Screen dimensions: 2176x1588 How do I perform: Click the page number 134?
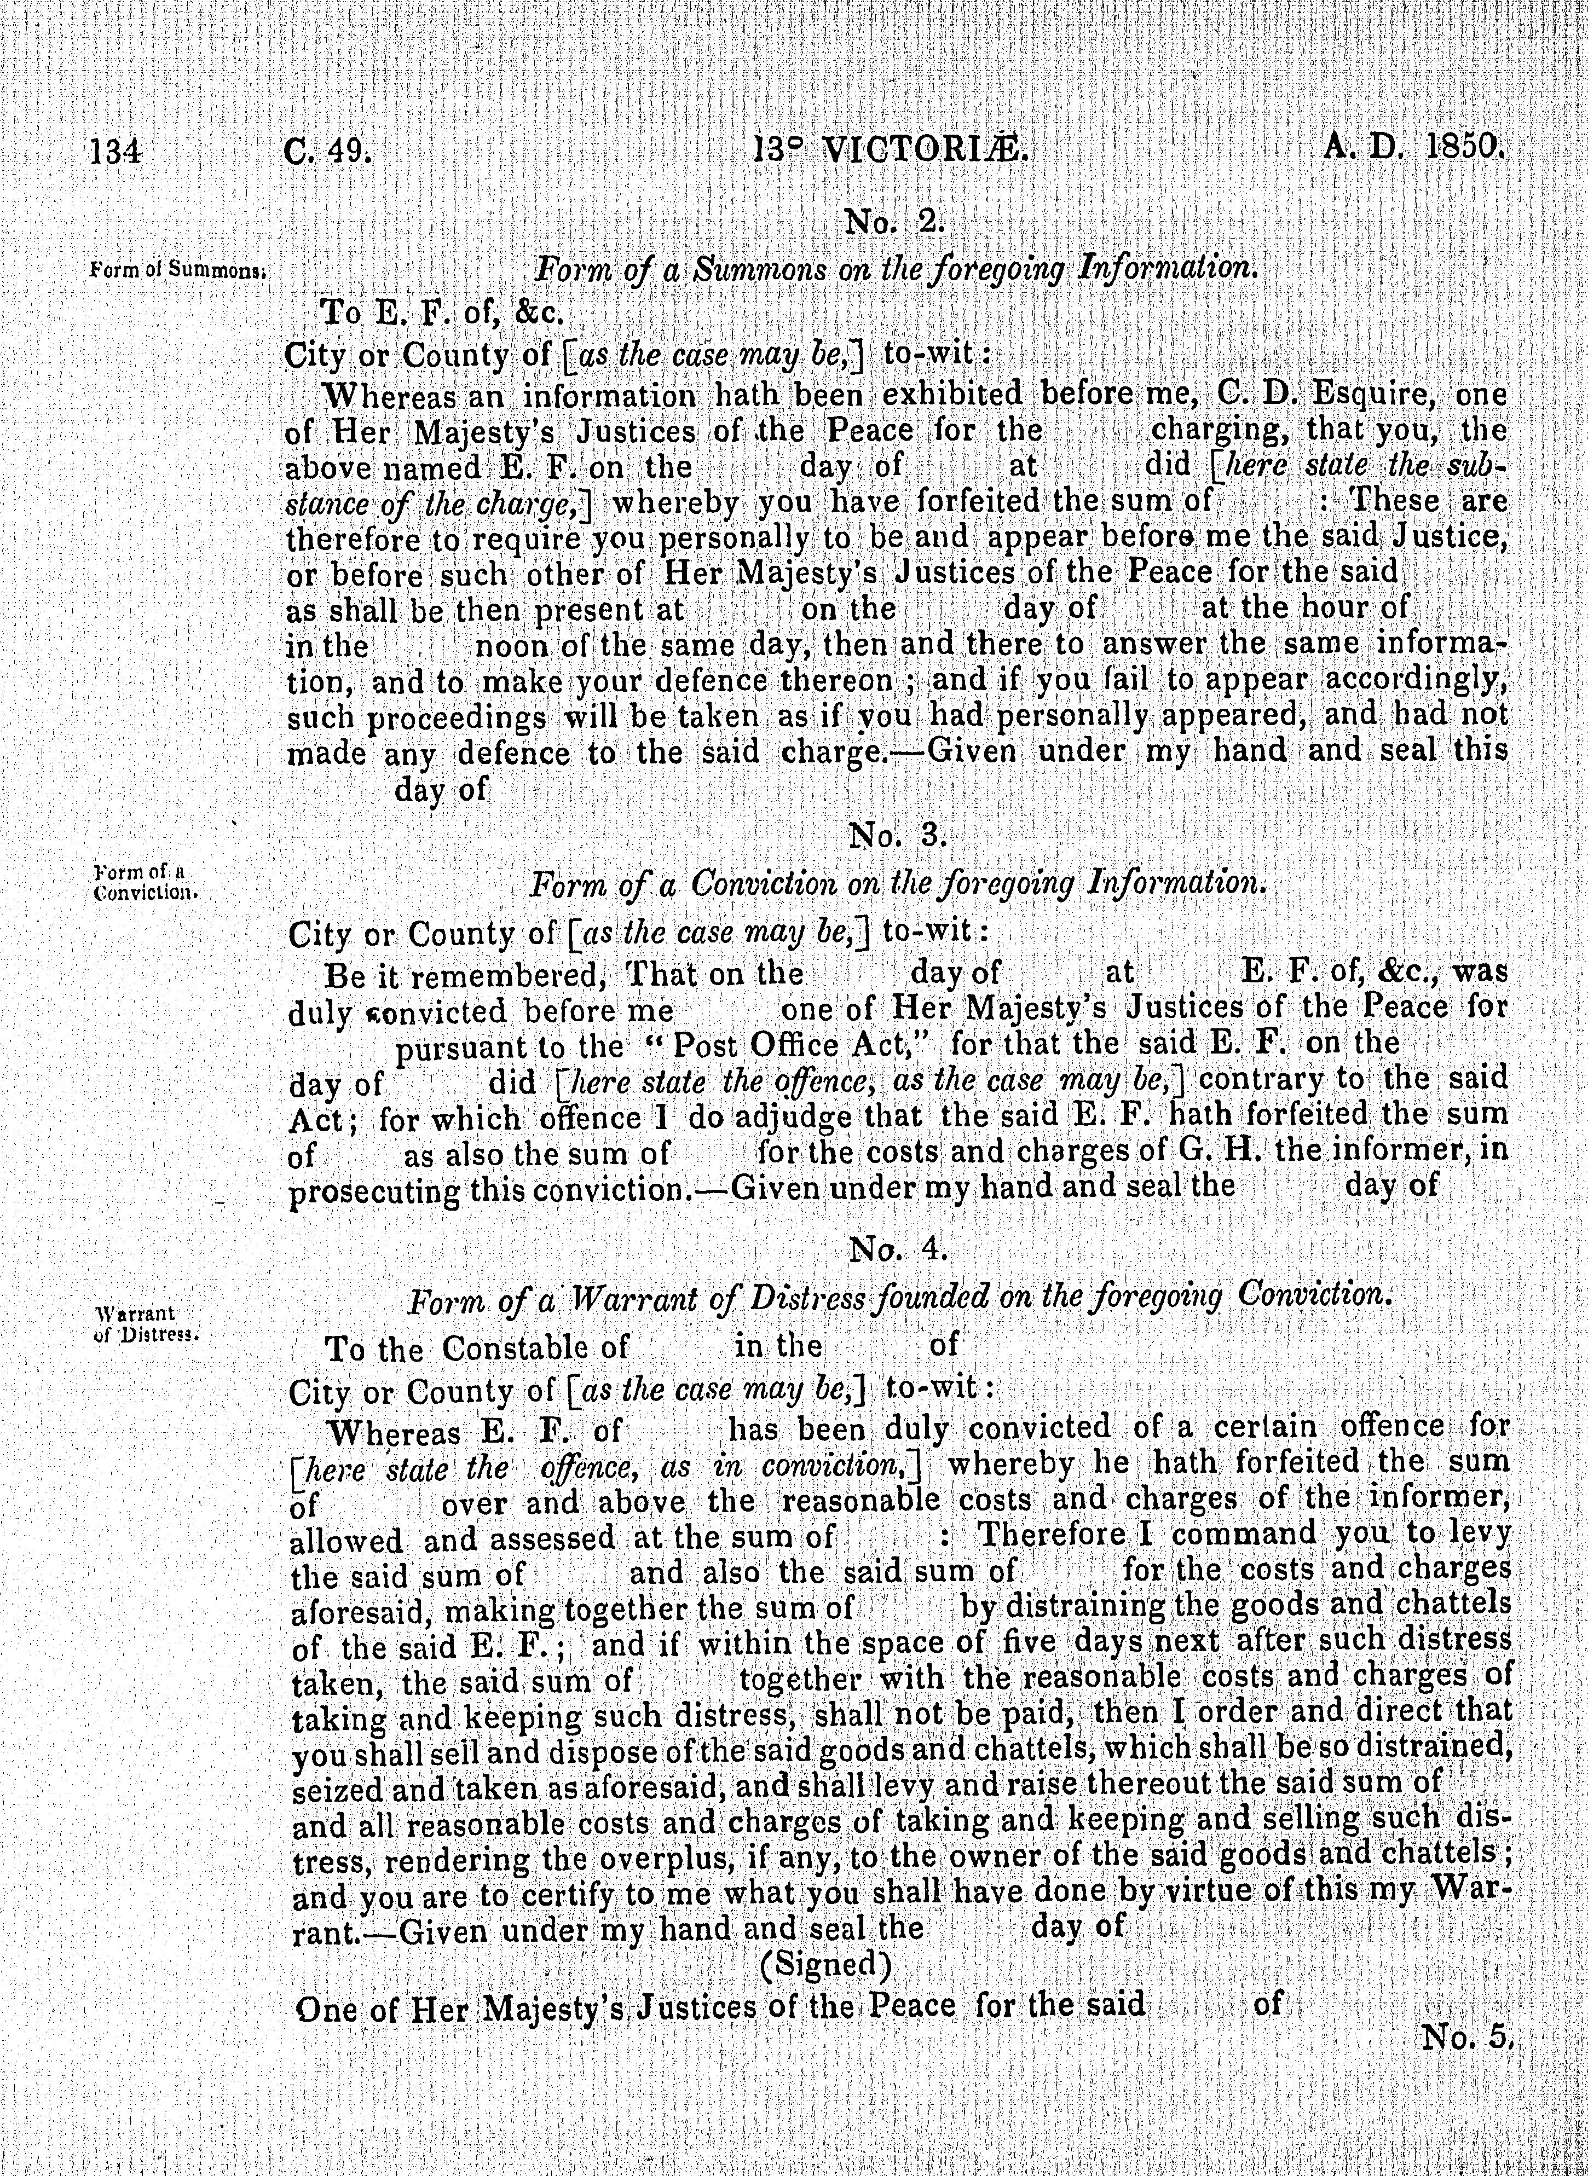[x=116, y=152]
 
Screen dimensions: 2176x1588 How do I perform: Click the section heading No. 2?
[x=895, y=223]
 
